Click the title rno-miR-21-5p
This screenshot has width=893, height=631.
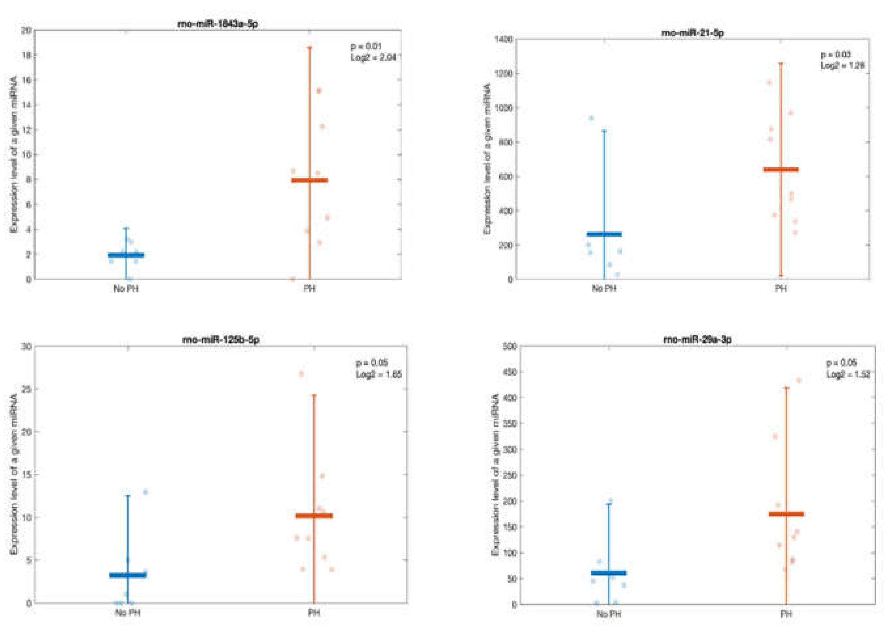(692, 33)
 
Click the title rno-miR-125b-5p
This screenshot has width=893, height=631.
(221, 340)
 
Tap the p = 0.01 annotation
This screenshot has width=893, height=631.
(366, 46)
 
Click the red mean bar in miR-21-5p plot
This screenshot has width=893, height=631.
(781, 170)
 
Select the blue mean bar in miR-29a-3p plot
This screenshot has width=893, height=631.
(608, 573)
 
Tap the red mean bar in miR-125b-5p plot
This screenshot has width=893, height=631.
(314, 516)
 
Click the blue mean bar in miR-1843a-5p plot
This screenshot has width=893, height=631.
(126, 255)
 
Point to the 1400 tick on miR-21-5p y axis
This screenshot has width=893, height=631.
(503, 39)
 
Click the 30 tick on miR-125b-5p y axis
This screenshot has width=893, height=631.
(27, 346)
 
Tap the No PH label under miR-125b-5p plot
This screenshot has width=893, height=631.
(128, 613)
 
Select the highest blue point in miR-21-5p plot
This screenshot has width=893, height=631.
(591, 118)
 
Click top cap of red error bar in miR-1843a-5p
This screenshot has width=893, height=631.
(310, 48)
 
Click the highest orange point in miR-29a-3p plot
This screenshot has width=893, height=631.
(799, 381)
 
